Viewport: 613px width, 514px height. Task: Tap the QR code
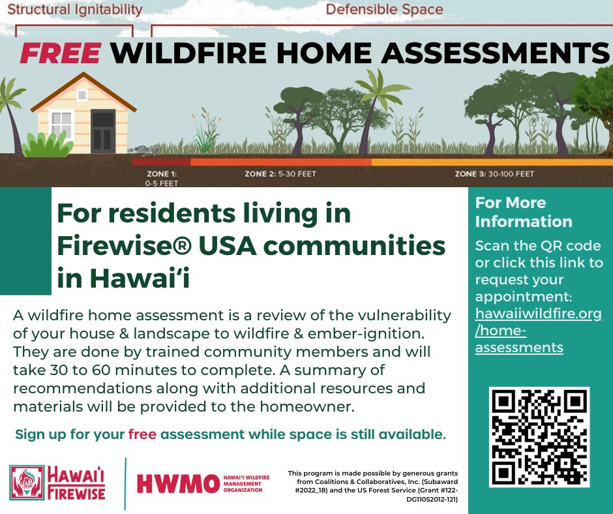point(539,437)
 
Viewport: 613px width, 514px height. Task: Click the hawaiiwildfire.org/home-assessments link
point(537,331)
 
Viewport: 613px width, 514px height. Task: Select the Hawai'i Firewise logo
point(57,483)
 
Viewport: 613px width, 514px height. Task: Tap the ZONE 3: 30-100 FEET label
point(494,174)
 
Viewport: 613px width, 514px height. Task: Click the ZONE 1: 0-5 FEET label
point(160,179)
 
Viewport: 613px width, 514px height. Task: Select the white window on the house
point(62,124)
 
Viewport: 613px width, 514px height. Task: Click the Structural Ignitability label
point(72,9)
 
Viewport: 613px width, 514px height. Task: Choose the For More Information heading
point(524,212)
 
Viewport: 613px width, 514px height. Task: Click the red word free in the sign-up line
point(142,434)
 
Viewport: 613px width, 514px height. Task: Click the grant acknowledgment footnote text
point(374,485)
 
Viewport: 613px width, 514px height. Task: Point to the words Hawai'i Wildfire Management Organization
point(243,483)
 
